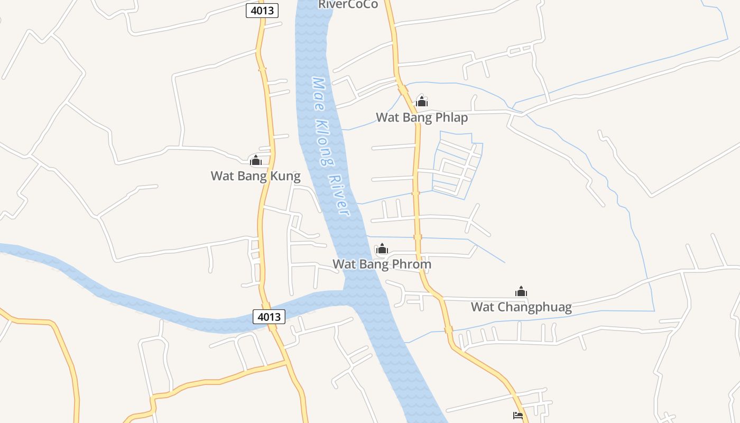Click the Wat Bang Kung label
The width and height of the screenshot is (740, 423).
click(x=255, y=176)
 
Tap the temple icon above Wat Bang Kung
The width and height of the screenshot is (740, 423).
click(x=256, y=160)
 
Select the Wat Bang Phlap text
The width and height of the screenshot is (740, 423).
click(x=422, y=117)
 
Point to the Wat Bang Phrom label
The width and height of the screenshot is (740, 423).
click(x=382, y=264)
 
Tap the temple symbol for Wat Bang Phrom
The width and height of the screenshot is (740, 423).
click(x=382, y=249)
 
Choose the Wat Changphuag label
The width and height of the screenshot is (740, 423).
click(x=521, y=307)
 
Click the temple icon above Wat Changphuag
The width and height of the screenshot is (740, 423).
click(x=521, y=291)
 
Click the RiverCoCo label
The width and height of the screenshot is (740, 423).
click(x=348, y=4)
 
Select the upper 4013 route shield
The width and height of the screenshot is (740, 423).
click(x=262, y=11)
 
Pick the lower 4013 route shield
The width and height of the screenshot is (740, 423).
click(x=269, y=317)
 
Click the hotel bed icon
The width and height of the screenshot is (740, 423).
click(x=518, y=416)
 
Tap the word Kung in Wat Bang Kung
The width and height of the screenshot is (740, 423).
click(x=285, y=176)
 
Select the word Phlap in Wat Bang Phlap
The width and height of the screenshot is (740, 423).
click(x=450, y=117)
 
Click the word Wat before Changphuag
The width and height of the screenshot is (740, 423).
click(x=482, y=307)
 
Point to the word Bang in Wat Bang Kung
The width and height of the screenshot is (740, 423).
click(x=253, y=176)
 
